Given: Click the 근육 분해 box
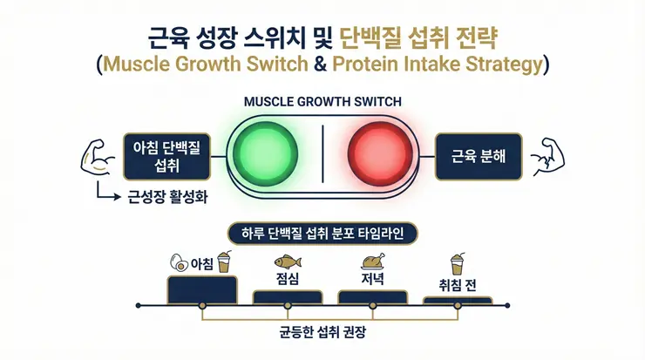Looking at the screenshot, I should point(478,156).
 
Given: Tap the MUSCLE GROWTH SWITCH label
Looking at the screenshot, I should point(323,101).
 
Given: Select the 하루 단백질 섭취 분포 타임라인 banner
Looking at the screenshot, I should point(322,234).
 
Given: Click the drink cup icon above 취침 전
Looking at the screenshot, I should point(455,262).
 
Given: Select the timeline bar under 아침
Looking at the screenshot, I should point(201,288).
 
